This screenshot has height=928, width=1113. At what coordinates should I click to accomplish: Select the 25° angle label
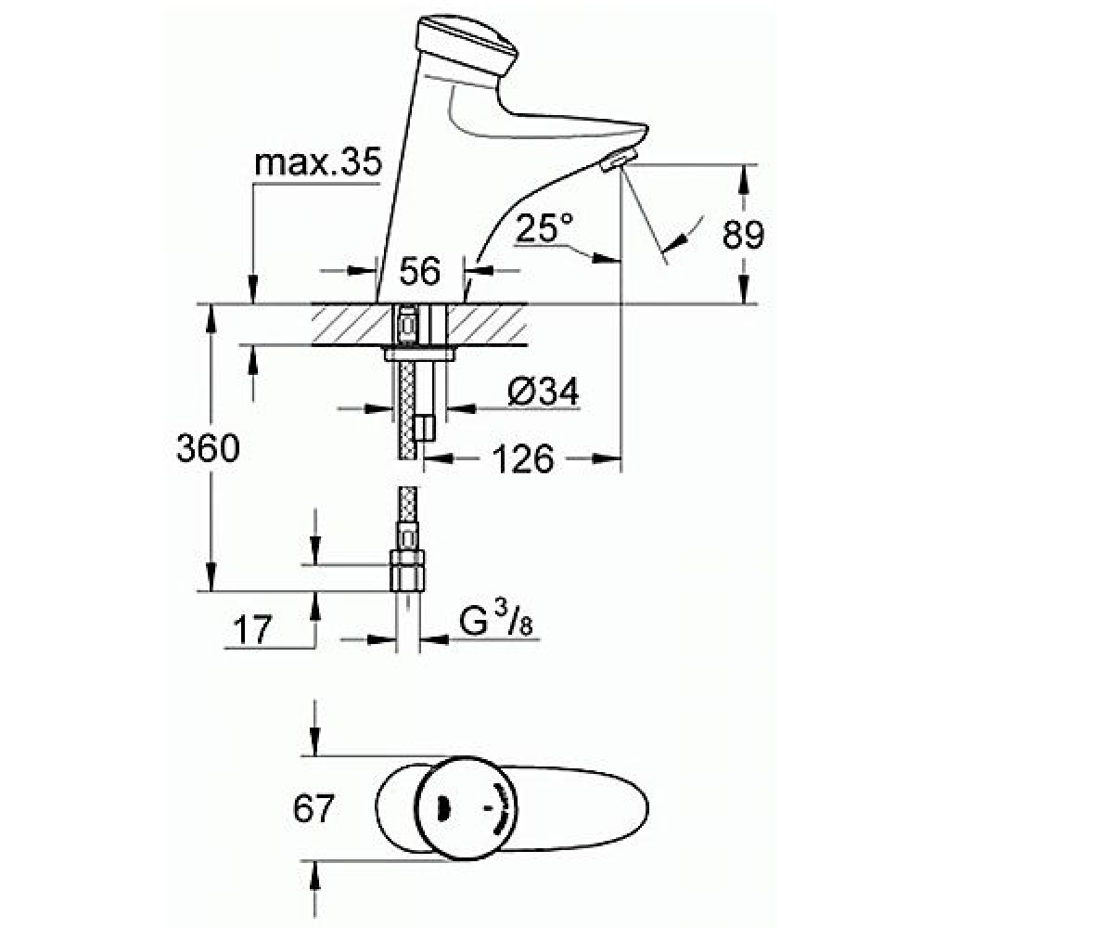coord(544,227)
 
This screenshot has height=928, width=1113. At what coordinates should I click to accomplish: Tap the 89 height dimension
coord(743,234)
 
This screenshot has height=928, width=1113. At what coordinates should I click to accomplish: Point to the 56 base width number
coord(420,270)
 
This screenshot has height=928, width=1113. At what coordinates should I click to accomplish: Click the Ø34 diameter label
coord(543,392)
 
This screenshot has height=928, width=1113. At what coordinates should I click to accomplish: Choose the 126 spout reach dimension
coord(523,458)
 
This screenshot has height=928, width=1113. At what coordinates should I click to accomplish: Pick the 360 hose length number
coord(208,448)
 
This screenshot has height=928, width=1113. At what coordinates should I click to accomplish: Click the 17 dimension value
coord(252,630)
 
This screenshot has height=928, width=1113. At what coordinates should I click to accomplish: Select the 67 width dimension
coord(313,808)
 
